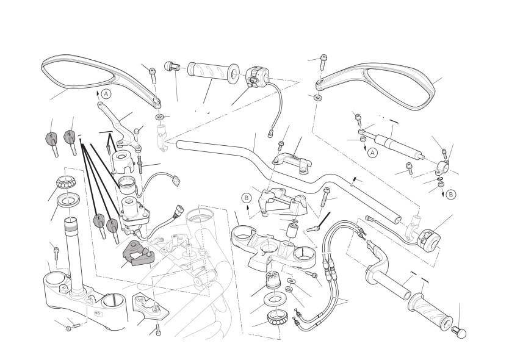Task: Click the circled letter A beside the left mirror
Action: click(x=106, y=94)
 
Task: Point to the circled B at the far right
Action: click(x=450, y=195)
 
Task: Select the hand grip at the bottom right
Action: click(x=431, y=305)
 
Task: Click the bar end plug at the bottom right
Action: click(x=459, y=331)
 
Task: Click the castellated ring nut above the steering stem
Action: click(x=65, y=182)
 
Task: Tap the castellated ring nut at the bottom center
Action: click(x=278, y=317)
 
